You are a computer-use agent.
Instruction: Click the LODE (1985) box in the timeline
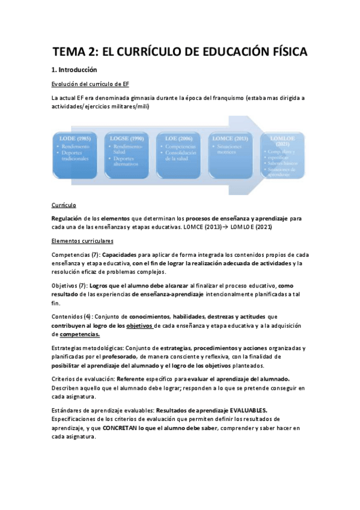coord(76,154)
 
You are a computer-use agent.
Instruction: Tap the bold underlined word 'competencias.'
coord(80,334)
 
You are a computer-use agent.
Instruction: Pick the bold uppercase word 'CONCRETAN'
coord(123,428)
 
